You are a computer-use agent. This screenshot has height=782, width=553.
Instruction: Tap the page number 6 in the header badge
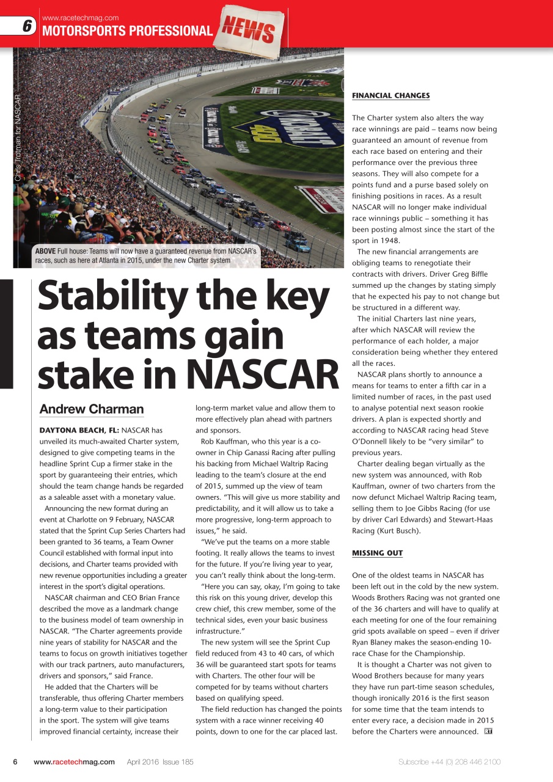27,26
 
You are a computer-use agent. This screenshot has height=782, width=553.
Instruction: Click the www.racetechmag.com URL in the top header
80,18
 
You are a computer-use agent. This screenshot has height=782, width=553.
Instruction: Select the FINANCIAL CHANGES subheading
390,95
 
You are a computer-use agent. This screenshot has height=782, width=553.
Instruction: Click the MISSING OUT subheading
377,553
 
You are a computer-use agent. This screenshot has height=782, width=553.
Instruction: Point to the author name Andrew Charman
92,409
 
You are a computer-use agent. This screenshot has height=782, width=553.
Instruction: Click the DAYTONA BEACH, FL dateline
79,430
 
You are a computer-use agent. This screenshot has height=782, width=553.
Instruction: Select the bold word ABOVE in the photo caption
46,252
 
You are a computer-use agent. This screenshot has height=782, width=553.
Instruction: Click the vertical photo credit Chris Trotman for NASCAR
18,137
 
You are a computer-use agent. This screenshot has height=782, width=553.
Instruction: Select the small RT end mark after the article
488,731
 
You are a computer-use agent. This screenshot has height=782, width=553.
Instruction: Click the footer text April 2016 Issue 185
160,762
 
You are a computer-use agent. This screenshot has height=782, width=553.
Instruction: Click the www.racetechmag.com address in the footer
74,762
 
